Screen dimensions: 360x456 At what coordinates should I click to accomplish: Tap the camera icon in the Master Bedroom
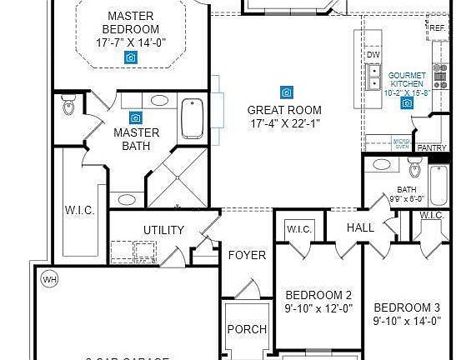pos(131,57)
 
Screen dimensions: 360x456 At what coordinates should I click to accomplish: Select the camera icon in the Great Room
pos(286,92)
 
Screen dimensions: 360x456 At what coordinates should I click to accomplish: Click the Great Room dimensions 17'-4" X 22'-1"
pos(285,123)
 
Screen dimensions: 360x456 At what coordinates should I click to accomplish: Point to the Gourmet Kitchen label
pos(408,80)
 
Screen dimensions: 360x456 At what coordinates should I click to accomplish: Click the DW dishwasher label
pos(373,54)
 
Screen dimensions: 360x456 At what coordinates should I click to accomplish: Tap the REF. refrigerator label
pos(437,27)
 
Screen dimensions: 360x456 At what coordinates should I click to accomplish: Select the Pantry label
pos(432,147)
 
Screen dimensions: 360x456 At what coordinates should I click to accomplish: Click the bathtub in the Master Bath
pos(192,117)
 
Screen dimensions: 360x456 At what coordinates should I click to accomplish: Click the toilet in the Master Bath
pos(69,107)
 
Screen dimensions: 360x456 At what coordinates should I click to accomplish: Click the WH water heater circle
pos(48,279)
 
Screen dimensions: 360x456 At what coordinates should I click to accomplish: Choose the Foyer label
pos(247,255)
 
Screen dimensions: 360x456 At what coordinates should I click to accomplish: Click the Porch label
pos(247,329)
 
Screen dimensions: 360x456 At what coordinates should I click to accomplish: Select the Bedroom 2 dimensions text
pos(318,308)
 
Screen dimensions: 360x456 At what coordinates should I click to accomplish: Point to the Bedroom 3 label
pos(407,307)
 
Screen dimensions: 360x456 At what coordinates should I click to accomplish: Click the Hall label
pos(360,227)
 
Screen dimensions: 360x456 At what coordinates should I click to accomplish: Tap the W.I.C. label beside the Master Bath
pos(80,210)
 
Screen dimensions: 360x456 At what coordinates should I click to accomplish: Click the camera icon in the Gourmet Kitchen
pos(407,103)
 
